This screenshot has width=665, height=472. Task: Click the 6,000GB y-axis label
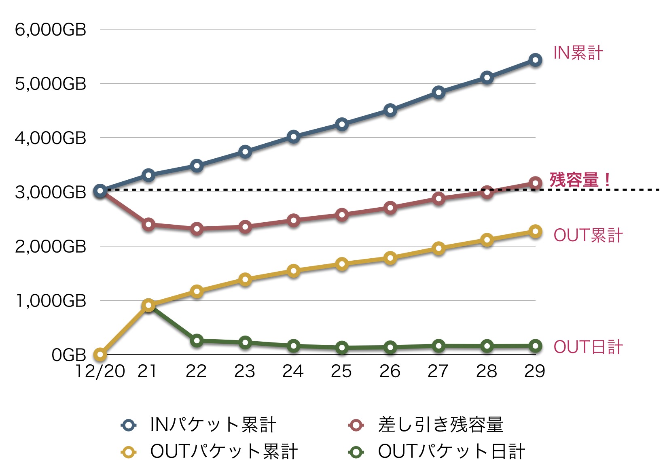coord(51,30)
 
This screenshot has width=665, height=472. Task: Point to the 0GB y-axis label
coord(69,355)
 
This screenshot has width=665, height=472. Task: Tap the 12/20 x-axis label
coord(100,372)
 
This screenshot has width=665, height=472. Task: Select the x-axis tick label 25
coord(341,372)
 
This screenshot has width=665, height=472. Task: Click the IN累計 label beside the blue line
coord(578,53)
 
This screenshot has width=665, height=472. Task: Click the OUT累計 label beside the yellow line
coord(588,235)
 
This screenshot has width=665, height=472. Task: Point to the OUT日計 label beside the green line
coord(588,347)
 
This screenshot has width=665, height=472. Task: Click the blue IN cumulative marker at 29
coord(536,60)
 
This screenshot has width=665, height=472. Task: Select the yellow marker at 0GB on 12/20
coord(100,355)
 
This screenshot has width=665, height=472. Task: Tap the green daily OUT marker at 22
coord(197,340)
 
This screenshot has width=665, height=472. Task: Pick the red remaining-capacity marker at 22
coord(197,229)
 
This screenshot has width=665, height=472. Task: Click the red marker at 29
coord(536,183)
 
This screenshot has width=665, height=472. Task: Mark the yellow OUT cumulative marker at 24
coord(294,270)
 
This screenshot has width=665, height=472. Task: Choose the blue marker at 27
coord(438,92)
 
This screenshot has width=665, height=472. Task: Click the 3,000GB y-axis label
coord(51,192)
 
